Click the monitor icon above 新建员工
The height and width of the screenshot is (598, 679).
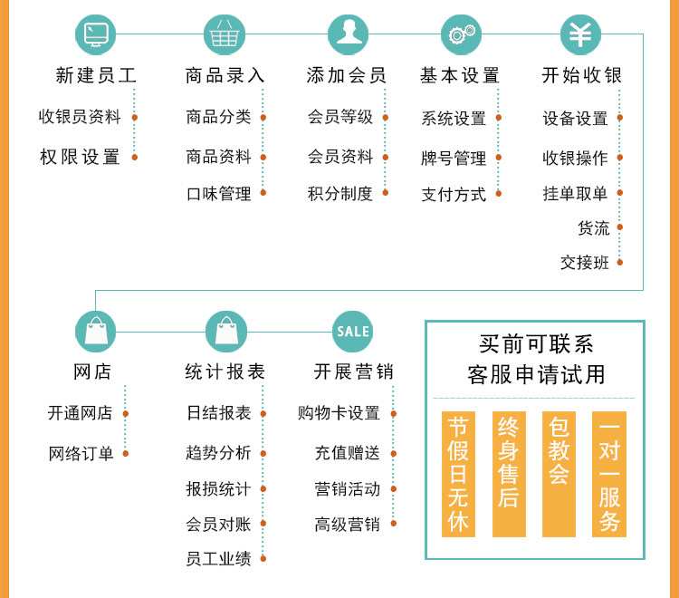pyautogui.click(x=95, y=34)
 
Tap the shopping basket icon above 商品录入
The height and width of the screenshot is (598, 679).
pyautogui.click(x=225, y=34)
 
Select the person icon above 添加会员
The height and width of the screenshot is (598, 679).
pyautogui.click(x=349, y=34)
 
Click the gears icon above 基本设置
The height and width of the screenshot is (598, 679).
pyautogui.click(x=461, y=34)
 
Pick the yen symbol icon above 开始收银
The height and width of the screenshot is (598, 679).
pyautogui.click(x=580, y=34)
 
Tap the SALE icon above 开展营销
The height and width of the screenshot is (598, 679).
pyautogui.click(x=352, y=331)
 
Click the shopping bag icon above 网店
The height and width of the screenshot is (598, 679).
pyautogui.click(x=95, y=331)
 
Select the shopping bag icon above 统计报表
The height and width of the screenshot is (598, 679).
pyautogui.click(x=225, y=331)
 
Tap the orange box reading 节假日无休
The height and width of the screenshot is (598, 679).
pyautogui.click(x=459, y=474)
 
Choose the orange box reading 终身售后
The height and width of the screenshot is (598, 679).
pyautogui.click(x=509, y=474)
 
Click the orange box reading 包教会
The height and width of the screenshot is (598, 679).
pyautogui.click(x=559, y=474)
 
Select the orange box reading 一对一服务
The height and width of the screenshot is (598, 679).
pyautogui.click(x=609, y=474)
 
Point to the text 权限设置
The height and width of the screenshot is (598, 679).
pyautogui.click(x=81, y=157)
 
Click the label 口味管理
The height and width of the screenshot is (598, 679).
pyautogui.click(x=218, y=193)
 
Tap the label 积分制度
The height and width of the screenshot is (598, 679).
pyautogui.click(x=340, y=193)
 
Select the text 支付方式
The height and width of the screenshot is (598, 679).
pyautogui.click(x=454, y=194)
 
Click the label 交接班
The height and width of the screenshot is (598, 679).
pyautogui.click(x=585, y=263)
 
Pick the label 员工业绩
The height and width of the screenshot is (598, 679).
pyautogui.click(x=218, y=559)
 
